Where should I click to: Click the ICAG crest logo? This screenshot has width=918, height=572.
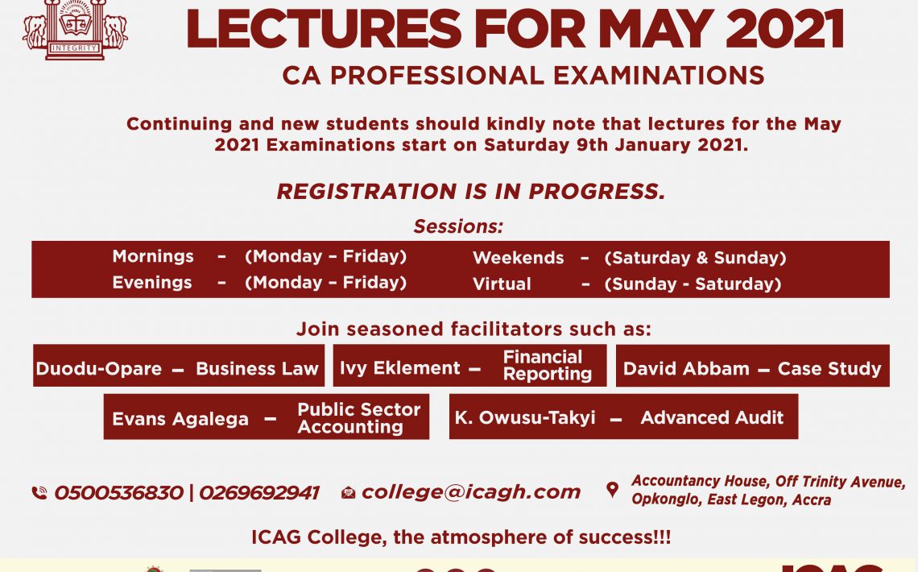click(x=75, y=29)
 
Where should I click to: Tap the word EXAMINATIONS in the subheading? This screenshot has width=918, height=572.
click(x=660, y=76)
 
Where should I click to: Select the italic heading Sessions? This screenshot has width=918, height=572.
click(x=458, y=226)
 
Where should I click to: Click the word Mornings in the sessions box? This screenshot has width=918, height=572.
click(x=153, y=256)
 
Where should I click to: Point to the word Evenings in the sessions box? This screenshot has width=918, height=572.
click(x=152, y=283)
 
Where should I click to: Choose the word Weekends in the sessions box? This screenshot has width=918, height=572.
click(x=518, y=258)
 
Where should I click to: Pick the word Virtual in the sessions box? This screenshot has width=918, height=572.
click(x=502, y=284)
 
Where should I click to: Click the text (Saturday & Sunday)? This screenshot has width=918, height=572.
click(x=696, y=258)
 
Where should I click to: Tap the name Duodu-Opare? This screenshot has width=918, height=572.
click(x=98, y=369)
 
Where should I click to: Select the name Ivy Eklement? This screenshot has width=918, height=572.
click(x=400, y=367)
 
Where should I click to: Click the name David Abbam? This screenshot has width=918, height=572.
click(x=686, y=369)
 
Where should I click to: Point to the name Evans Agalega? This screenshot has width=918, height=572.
click(x=180, y=419)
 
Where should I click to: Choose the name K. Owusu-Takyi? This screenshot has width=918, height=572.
click(x=525, y=417)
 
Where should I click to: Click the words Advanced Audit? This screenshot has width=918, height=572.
click(x=712, y=417)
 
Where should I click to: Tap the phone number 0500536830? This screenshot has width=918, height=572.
click(x=119, y=493)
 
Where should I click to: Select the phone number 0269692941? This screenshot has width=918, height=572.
click(x=259, y=493)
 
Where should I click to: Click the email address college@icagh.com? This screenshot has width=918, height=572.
click(x=471, y=492)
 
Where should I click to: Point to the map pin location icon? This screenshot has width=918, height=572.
click(x=612, y=490)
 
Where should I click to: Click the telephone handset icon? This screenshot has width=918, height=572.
click(x=39, y=493)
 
